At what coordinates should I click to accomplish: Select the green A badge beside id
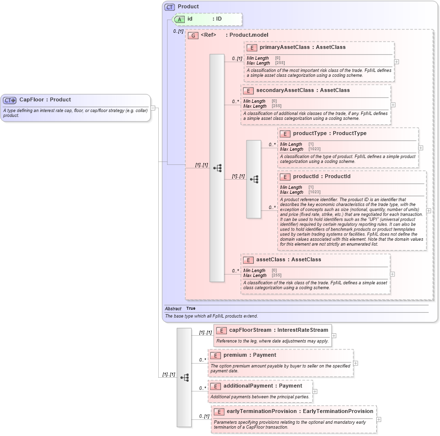click(180, 19)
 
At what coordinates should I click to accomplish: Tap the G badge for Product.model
click(193, 35)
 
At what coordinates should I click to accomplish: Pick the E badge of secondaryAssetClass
click(248, 91)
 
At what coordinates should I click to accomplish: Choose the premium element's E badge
click(216, 355)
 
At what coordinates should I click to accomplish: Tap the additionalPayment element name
click(263, 386)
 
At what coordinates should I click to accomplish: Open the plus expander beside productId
click(429, 210)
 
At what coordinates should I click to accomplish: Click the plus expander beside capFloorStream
click(334, 336)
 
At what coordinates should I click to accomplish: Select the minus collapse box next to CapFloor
click(153, 108)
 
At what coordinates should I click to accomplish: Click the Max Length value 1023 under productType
click(314, 149)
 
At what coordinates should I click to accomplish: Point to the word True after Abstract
click(191, 309)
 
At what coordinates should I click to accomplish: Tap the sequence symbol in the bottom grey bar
click(184, 377)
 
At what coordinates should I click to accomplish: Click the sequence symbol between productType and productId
click(254, 179)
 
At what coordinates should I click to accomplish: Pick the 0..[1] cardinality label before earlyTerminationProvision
click(204, 416)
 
